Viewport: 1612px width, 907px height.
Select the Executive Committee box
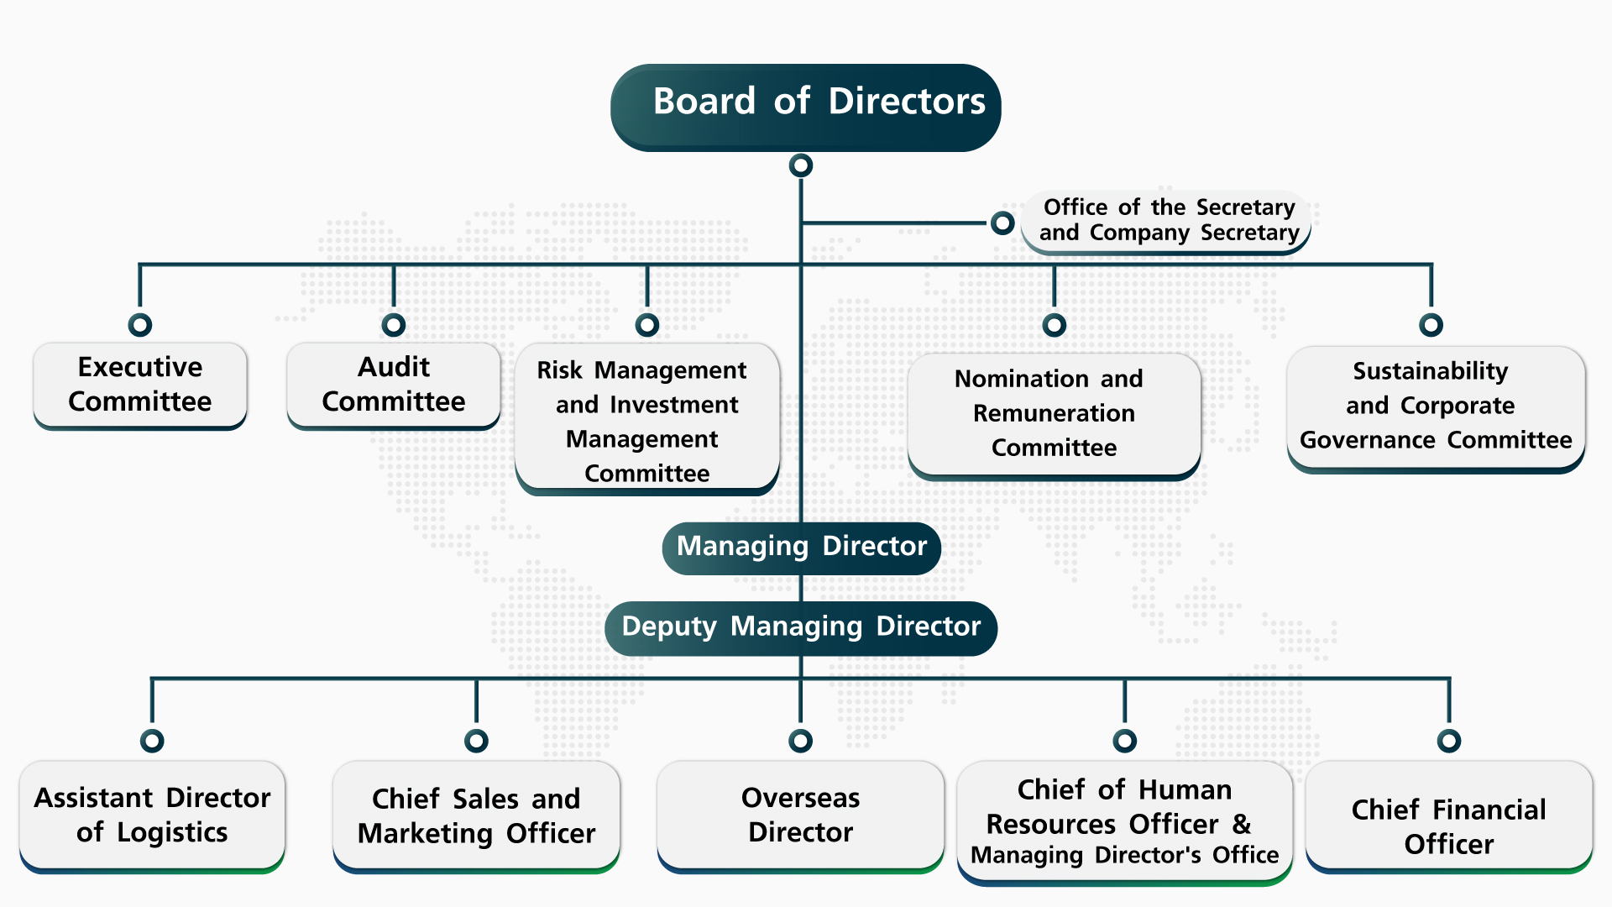140,385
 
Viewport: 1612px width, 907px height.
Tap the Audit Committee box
393,385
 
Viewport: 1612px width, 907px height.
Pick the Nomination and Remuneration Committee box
1054,413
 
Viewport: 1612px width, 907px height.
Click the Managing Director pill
801,547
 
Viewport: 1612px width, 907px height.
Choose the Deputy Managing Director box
801,627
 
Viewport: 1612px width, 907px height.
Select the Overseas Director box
800,815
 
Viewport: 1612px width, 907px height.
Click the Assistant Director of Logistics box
152,815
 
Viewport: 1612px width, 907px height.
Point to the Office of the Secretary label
1167,220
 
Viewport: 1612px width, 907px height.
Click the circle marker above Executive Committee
140,325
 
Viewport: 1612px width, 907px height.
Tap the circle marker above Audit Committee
394,325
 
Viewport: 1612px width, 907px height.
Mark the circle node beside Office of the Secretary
1002,223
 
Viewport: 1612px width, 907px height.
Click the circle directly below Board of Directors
801,165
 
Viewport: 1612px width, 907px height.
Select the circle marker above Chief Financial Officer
1449,741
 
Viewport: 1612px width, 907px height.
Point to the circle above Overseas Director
801,741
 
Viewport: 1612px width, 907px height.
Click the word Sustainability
1430,371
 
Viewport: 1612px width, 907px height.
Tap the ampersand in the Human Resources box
1241,824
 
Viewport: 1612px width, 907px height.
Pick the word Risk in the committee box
559,370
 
